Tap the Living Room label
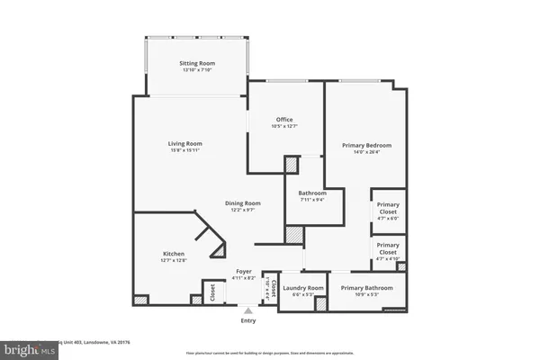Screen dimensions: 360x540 [184, 143]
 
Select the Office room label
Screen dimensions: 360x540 [285, 120]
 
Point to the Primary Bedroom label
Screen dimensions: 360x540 [366, 145]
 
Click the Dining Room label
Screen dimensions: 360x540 [242, 202]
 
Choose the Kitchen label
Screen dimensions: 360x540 [174, 253]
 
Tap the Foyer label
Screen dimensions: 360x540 [244, 271]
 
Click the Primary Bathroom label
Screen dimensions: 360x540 [366, 288]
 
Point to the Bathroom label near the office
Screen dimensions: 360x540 [312, 193]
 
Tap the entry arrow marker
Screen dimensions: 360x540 [247, 310]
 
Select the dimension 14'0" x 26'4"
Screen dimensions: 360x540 [366, 152]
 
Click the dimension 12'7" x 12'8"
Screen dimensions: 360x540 [174, 260]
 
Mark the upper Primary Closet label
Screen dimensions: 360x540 [388, 207]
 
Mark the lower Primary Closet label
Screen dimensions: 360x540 [388, 248]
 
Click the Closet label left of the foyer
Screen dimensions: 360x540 [212, 292]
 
